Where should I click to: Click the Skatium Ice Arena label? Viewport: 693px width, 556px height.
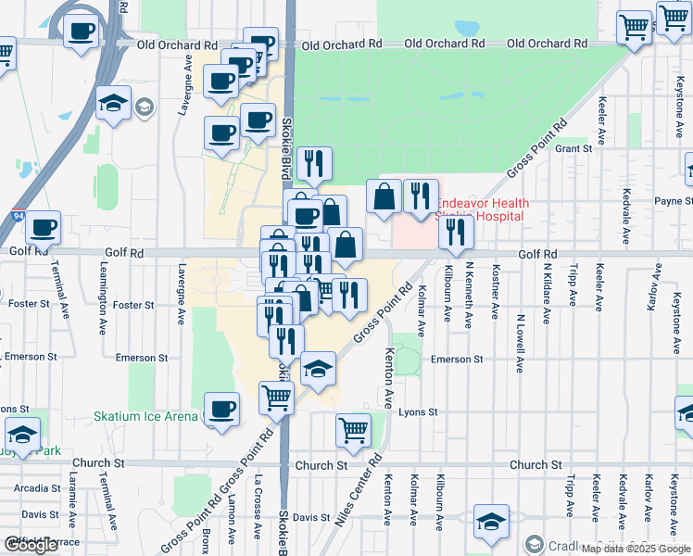click(x=145, y=417)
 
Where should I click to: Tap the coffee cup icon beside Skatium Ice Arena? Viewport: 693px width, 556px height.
click(x=220, y=410)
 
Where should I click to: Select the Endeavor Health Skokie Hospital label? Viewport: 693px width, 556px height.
click(x=482, y=209)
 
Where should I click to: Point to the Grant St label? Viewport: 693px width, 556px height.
click(x=573, y=148)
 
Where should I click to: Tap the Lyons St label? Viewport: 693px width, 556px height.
click(x=417, y=411)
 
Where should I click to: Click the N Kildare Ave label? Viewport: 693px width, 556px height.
click(x=545, y=301)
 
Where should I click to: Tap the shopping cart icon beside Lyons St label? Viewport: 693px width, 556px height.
click(x=353, y=429)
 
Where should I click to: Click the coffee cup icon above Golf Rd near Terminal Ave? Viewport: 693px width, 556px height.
click(x=44, y=225)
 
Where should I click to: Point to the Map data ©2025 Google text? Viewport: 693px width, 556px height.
click(x=635, y=549)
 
